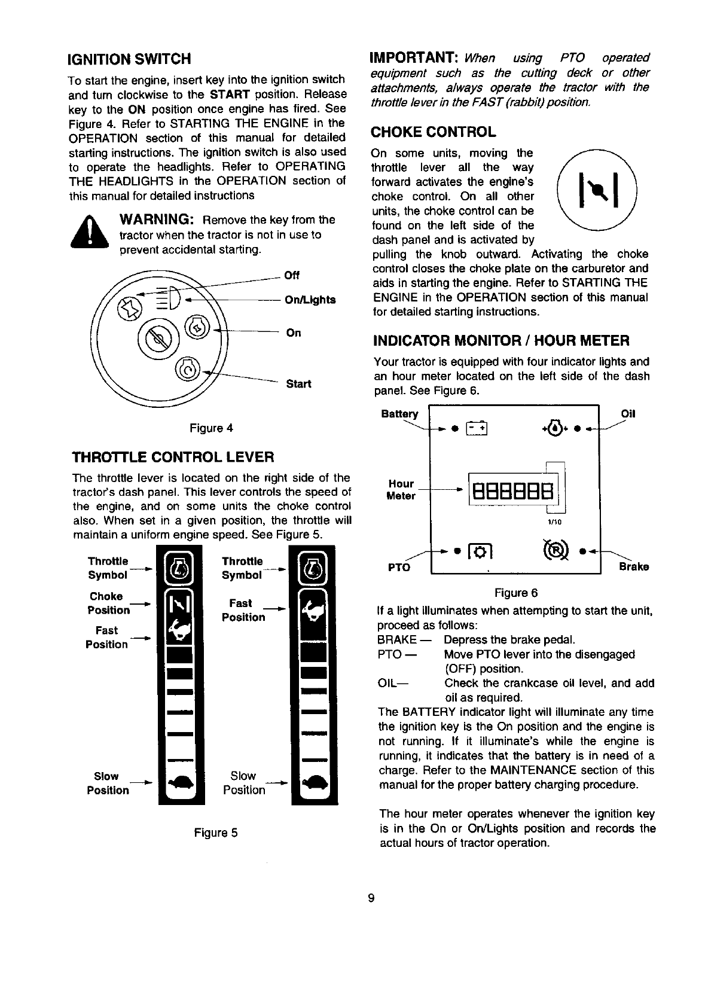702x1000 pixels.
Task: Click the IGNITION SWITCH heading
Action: point(129,59)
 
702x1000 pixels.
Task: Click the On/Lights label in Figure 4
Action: point(310,300)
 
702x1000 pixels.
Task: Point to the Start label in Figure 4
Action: point(298,383)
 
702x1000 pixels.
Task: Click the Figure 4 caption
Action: point(211,428)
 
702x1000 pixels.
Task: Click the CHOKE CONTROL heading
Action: point(434,132)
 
